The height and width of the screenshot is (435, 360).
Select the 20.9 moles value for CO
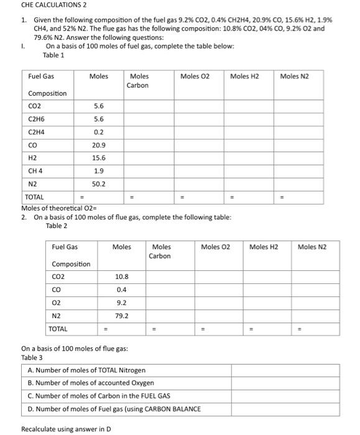click(x=98, y=145)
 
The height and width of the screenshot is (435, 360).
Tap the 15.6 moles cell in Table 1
click(x=98, y=158)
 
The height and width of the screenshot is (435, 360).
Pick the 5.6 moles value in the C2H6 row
click(x=98, y=119)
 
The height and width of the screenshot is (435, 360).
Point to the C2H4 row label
click(x=36, y=132)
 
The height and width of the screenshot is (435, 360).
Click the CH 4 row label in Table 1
click(x=35, y=171)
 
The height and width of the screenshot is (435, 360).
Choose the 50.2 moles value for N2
click(x=98, y=184)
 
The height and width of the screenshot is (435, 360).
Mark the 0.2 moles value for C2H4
click(x=98, y=132)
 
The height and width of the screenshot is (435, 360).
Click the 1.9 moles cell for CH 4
click(x=98, y=171)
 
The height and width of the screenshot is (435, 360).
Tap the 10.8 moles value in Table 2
click(x=122, y=277)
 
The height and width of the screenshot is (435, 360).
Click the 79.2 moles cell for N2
click(x=122, y=316)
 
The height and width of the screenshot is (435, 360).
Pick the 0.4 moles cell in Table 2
click(x=122, y=290)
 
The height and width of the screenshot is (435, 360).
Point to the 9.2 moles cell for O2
click(x=122, y=303)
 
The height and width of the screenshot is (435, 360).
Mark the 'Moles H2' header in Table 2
click(x=264, y=247)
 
